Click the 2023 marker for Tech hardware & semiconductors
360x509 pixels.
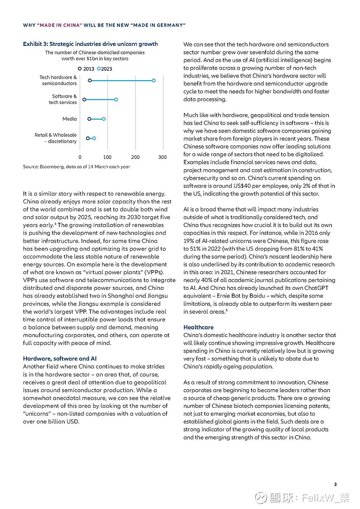[x=153, y=81]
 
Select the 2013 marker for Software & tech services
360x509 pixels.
[x=84, y=99]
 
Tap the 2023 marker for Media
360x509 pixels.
[x=103, y=119]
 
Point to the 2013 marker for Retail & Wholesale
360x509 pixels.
[x=88, y=138]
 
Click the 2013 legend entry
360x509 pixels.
[x=86, y=68]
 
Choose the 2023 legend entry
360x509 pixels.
[x=105, y=68]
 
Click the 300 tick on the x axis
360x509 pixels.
[x=162, y=158]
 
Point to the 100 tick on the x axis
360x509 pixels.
[x=107, y=158]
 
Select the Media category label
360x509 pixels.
[x=69, y=119]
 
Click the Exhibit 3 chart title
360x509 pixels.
[x=90, y=44]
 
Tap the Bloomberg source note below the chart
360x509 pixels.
[x=76, y=167]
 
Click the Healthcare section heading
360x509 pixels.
[x=198, y=327]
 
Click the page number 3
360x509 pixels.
[x=335, y=484]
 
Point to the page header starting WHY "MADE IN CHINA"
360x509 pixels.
[x=104, y=25]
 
